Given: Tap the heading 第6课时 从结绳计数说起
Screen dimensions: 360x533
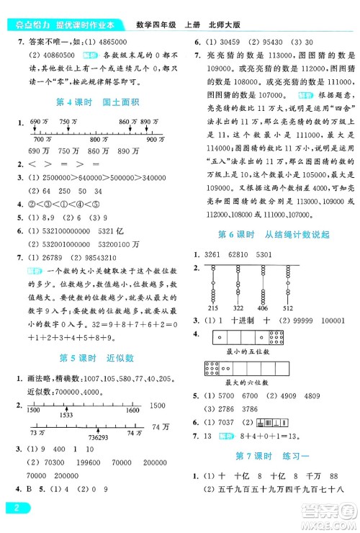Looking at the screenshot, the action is click(x=269, y=234).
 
